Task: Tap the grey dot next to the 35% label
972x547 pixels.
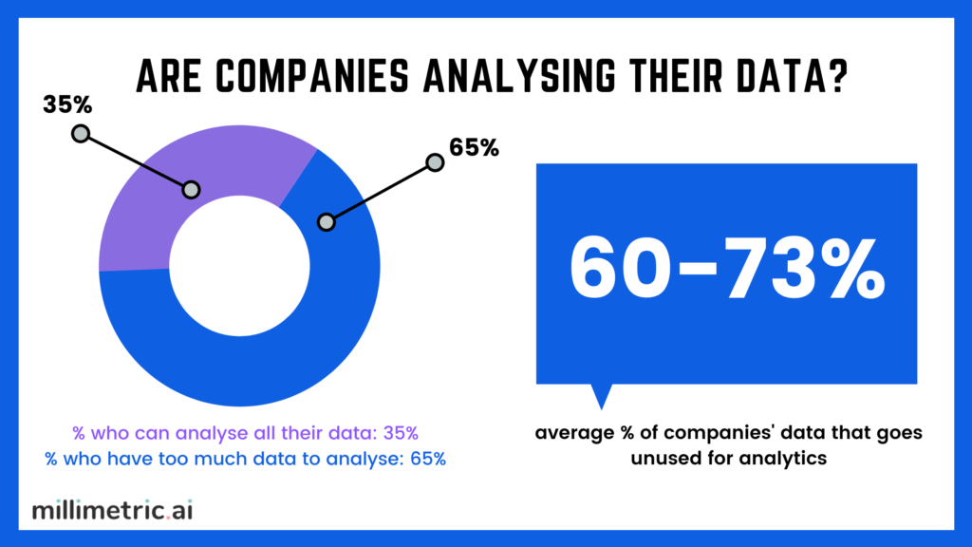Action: tap(81, 134)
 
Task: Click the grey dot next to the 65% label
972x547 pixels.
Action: tap(435, 162)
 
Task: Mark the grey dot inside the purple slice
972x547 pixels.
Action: tap(191, 190)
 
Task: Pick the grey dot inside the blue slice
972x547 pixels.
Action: tap(327, 222)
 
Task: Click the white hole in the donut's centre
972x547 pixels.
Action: tap(238, 269)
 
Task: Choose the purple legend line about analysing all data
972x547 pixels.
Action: tap(246, 434)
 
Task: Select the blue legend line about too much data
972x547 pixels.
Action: tap(246, 459)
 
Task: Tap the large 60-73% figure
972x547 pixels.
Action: tap(727, 268)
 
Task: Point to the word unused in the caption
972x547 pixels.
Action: tap(642, 459)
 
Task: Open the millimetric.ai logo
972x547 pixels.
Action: tap(112, 510)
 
